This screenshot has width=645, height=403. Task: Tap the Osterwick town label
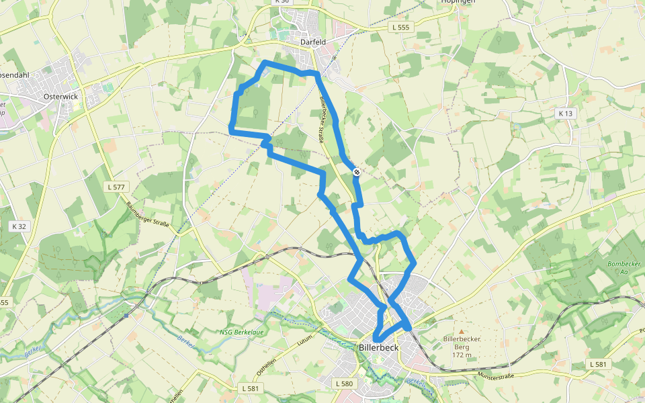pyautogui.click(x=60, y=97)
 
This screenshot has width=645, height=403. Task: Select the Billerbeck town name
pyautogui.click(x=379, y=348)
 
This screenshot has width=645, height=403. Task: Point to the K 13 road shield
pyautogui.click(x=566, y=114)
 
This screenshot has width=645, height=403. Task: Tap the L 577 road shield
pyautogui.click(x=117, y=187)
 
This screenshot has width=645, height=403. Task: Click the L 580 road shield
pyautogui.click(x=343, y=384)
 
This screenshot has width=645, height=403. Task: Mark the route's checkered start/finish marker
pyautogui.click(x=357, y=172)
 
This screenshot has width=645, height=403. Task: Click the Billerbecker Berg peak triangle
pyautogui.click(x=461, y=331)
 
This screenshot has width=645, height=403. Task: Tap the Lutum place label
pyautogui.click(x=305, y=343)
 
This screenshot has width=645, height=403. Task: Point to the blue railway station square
pyautogui.click(x=126, y=316)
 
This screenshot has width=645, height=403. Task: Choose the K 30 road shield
pyautogui.click(x=282, y=2)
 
